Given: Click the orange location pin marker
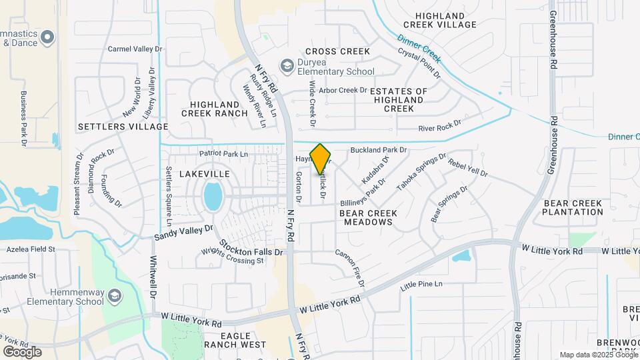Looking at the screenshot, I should pos(321,158).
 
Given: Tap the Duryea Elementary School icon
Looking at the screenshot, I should pos(287,65).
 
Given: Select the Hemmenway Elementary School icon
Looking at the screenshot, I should pos(114,295).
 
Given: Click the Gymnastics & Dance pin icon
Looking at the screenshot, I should pos(47,37).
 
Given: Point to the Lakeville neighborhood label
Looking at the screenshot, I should pos(204,173).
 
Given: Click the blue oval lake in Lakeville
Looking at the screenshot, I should pos(213,197).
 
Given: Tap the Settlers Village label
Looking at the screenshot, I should pos(123,126).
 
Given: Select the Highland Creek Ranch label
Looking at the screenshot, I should pos(214,109).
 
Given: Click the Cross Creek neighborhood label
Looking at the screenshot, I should pos(337,51).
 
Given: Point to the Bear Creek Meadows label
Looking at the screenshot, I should pos(368,217).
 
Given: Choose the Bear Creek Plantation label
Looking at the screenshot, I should pos(572,207).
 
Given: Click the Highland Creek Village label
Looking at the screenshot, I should pos(446,20).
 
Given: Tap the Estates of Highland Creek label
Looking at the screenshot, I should pos(399,99).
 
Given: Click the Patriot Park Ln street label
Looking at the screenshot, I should pos(223,154).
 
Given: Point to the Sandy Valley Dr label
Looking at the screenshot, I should pos(183,232).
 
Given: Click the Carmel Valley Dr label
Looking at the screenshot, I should pos(135,49).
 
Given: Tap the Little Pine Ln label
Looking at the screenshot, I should pos(421,285).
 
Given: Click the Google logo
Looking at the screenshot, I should pos(22,351).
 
